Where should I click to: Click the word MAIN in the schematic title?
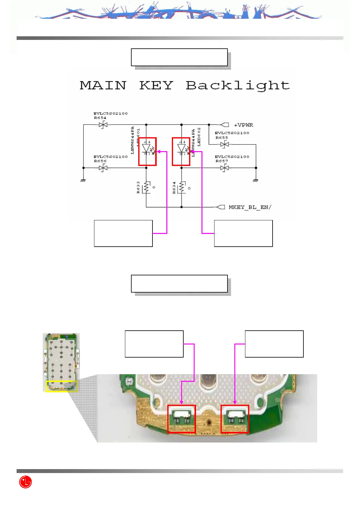pos(103,86)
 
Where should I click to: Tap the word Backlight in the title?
pos(238,86)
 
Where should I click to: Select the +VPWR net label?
pos(244,125)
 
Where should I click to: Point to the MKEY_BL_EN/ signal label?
pos(250,207)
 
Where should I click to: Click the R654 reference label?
pos(100,118)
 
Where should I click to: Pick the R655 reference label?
pos(221,138)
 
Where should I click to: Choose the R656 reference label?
pos(100,161)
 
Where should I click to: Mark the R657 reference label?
pos(221,161)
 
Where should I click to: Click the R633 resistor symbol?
pos(147,187)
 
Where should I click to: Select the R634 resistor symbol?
pos(182,187)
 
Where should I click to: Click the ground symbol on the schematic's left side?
pos(83,180)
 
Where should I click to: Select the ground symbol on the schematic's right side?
pos(256,180)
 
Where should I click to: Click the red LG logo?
pos(25,482)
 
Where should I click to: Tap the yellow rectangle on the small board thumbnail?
pos(61,386)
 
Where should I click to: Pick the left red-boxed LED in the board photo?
pos(182,419)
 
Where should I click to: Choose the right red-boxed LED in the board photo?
pos(235,419)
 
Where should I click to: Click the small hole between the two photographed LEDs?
pos(208,421)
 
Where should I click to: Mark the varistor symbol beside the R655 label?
pos(224,145)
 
